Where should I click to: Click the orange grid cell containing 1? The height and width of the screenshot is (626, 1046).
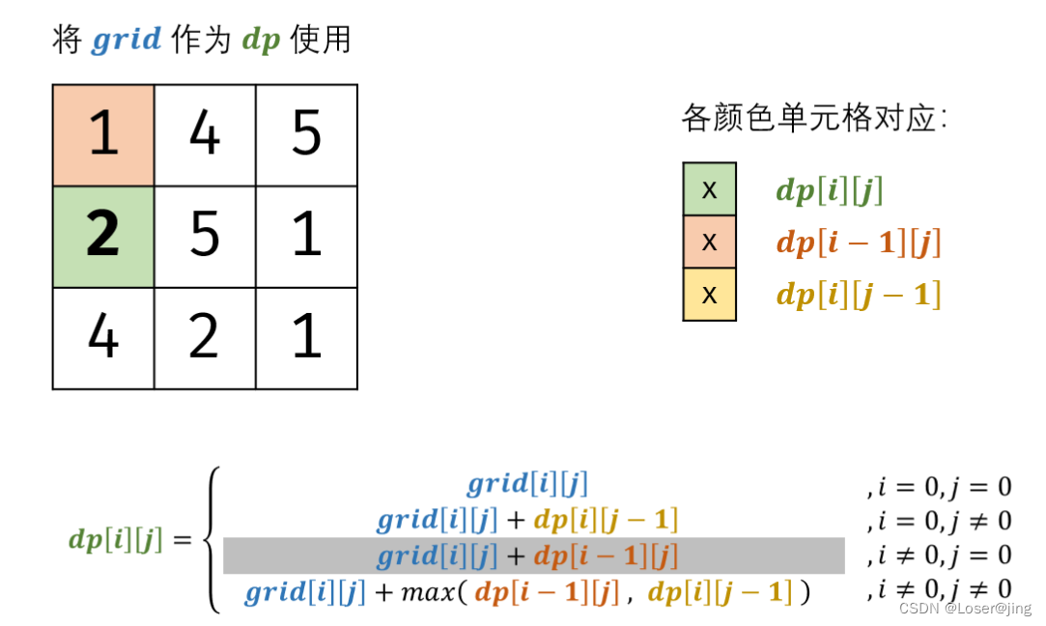[x=103, y=135]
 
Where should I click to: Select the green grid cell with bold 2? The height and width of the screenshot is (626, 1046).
[x=103, y=237]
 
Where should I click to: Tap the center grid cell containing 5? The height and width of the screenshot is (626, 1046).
[x=205, y=237]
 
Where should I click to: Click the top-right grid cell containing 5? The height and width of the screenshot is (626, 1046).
[x=306, y=135]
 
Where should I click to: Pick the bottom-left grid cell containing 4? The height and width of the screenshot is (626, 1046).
[x=103, y=338]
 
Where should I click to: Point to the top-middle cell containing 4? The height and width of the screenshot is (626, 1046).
[x=205, y=135]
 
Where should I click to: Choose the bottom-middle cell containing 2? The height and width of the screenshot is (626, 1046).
[x=205, y=338]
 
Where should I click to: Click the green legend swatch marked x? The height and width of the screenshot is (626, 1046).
[x=709, y=189]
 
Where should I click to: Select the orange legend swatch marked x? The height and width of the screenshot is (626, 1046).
[x=709, y=242]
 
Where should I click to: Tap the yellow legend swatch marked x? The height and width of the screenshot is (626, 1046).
[x=709, y=294]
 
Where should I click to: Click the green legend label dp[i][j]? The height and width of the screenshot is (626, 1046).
[x=830, y=190]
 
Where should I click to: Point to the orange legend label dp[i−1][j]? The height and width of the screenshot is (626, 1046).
[x=858, y=242]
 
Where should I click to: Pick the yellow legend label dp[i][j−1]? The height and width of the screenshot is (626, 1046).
[x=858, y=295]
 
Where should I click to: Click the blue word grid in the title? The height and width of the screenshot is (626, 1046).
[x=127, y=42]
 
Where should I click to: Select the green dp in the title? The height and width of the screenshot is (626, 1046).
[x=261, y=42]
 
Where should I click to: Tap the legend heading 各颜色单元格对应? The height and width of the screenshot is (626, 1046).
[x=813, y=120]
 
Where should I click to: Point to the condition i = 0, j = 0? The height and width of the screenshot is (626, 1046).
[x=938, y=486]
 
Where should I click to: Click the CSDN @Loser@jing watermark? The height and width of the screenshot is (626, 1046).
[x=964, y=609]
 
